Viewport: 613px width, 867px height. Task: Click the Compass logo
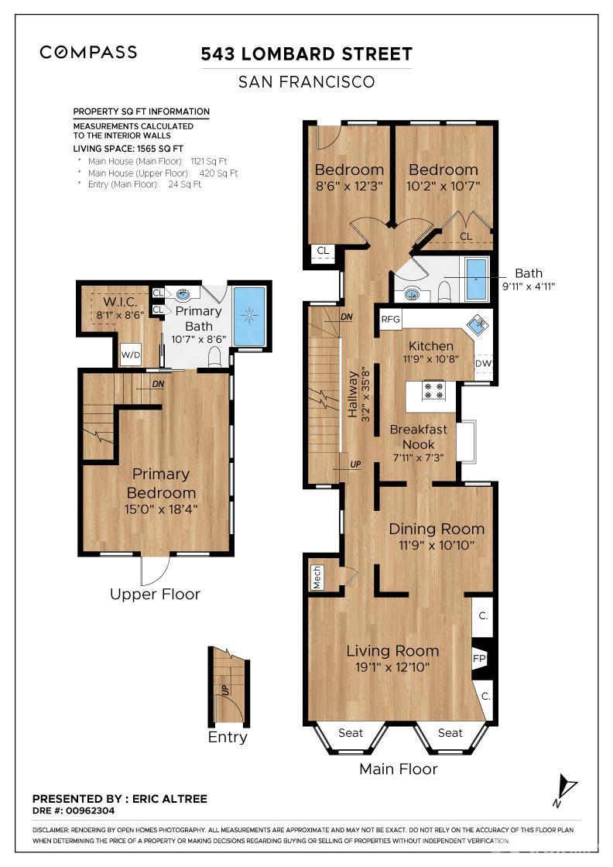point(88,53)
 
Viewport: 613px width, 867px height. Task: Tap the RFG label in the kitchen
point(390,319)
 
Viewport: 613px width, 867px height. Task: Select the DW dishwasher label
point(483,363)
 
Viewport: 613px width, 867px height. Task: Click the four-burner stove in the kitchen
point(433,390)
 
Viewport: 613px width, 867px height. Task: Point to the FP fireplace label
point(478,659)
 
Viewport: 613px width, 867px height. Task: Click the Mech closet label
point(317,577)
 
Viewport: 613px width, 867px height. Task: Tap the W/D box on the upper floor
point(131,355)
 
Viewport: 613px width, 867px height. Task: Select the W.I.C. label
point(121,302)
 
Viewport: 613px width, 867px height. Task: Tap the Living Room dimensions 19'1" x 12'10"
point(392,667)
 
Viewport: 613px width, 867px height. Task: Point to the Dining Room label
point(436,529)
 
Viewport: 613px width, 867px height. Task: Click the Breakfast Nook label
point(419,437)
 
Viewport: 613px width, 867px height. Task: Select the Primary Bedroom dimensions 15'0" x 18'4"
point(161,509)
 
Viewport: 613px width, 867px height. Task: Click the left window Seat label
point(351,732)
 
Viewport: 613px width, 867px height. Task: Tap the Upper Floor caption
point(155,595)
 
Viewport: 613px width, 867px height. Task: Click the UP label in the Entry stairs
point(225,690)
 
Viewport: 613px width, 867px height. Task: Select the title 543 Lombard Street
point(306,54)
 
